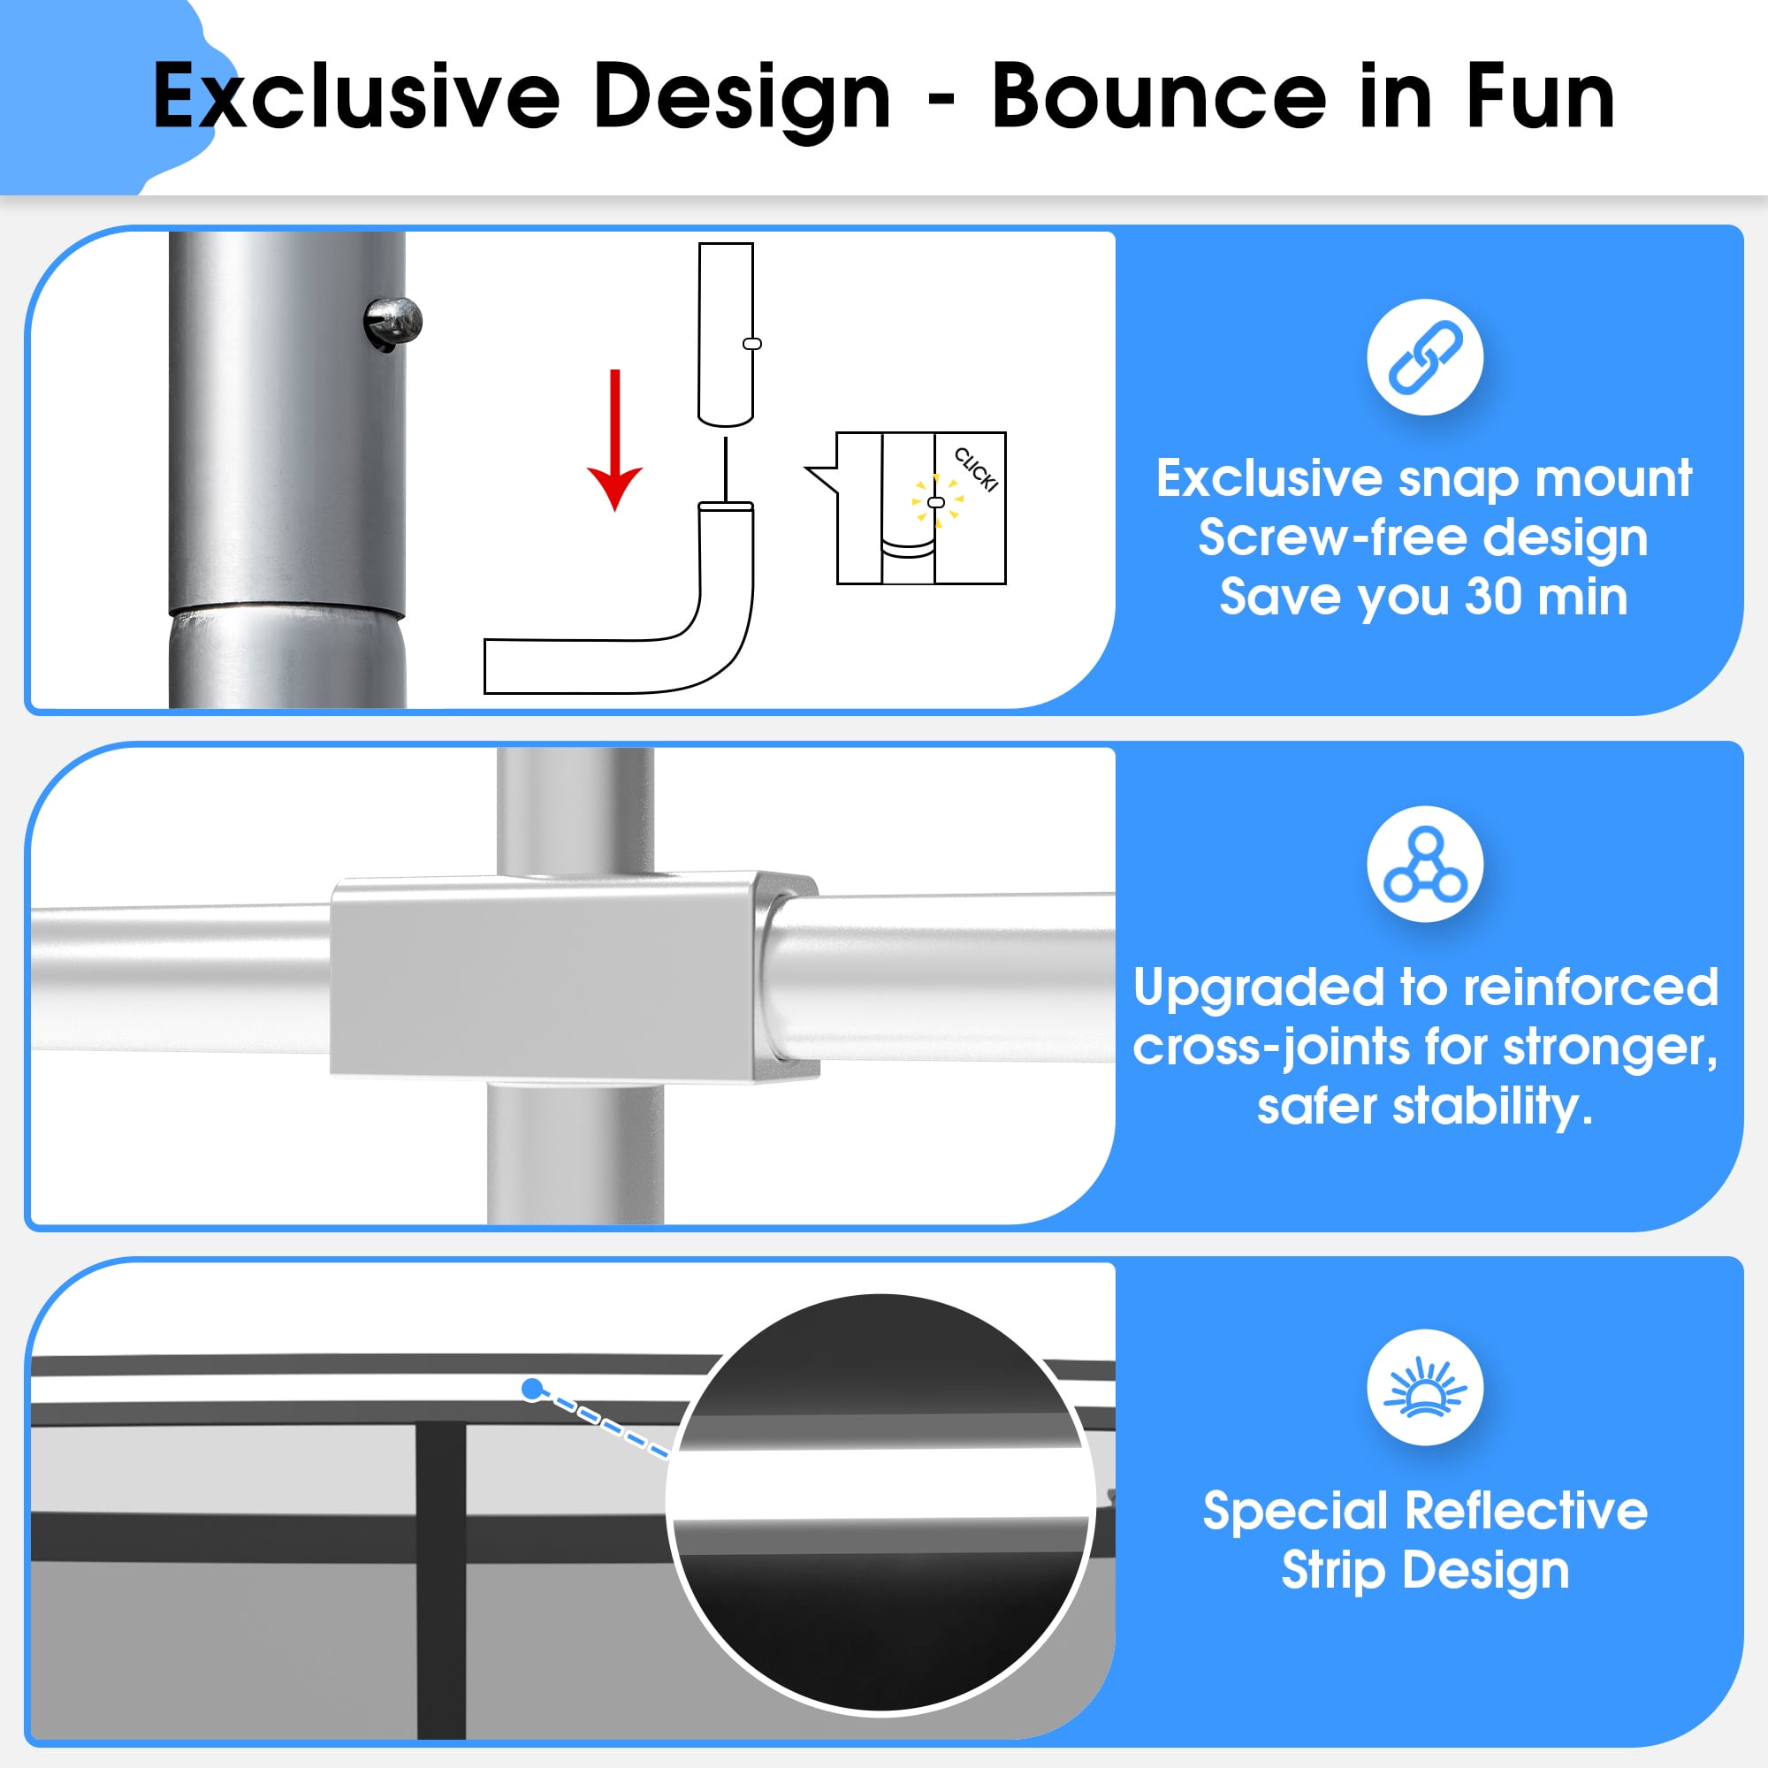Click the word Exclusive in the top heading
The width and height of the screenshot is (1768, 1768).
click(x=356, y=96)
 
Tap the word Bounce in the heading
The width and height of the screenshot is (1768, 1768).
click(x=1159, y=96)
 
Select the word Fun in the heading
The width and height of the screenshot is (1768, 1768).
click(x=1540, y=96)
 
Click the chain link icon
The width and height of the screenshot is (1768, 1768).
click(x=1425, y=357)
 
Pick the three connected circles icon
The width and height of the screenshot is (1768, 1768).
click(x=1425, y=864)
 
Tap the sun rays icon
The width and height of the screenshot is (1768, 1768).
click(x=1425, y=1387)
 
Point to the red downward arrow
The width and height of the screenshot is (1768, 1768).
click(x=615, y=440)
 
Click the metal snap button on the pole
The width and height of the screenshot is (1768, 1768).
click(x=393, y=323)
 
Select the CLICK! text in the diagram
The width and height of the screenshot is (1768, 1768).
click(x=976, y=469)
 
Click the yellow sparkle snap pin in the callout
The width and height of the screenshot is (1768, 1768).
click(x=935, y=501)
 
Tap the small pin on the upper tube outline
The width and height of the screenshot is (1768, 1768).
click(x=752, y=344)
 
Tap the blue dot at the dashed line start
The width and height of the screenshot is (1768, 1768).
click(x=531, y=1388)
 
